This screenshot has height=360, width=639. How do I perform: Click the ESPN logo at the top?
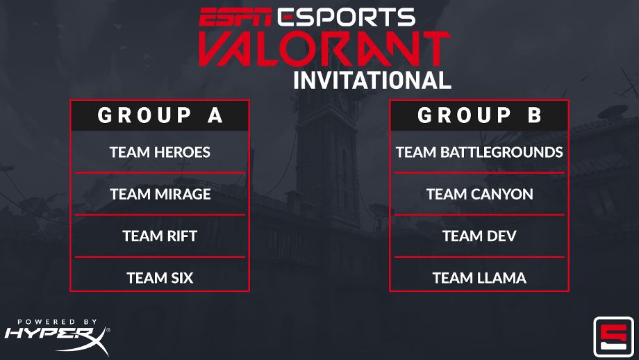coord(235,17)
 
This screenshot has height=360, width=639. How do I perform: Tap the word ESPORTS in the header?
coord(345,17)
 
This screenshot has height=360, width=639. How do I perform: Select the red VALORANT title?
coord(324,49)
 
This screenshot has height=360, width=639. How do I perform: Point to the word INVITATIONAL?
coord(372,80)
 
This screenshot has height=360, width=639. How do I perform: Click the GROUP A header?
coord(160,115)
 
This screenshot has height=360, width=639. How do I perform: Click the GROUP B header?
coord(479,115)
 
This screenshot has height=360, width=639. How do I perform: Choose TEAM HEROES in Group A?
coord(160,152)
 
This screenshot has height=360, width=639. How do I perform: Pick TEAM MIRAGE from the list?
coord(160,194)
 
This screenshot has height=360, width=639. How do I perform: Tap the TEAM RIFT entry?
coord(160,236)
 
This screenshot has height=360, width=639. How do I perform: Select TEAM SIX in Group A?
coord(160,278)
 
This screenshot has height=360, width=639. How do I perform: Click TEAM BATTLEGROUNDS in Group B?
coord(479,152)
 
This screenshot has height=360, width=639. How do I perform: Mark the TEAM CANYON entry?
coord(479,194)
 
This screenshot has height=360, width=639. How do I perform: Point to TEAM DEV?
coord(479,236)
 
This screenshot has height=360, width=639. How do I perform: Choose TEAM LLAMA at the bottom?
coord(479,278)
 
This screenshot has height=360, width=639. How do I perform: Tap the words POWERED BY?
coord(57,322)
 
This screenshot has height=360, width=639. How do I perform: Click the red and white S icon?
coord(614,337)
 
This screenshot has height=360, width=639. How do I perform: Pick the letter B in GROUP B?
coord(534,115)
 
